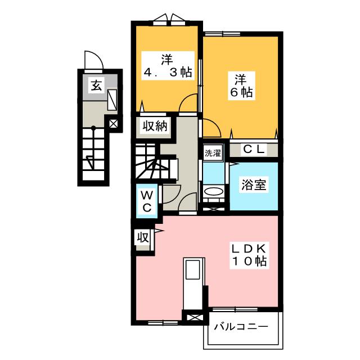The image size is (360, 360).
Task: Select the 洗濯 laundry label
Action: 213,153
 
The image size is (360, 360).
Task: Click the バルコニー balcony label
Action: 240,327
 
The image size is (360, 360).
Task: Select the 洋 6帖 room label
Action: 241,86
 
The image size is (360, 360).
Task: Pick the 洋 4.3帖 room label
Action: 166,66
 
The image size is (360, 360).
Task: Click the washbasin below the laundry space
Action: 214,193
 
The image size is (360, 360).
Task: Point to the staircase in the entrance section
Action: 92,152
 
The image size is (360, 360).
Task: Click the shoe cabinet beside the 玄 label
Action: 112,100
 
